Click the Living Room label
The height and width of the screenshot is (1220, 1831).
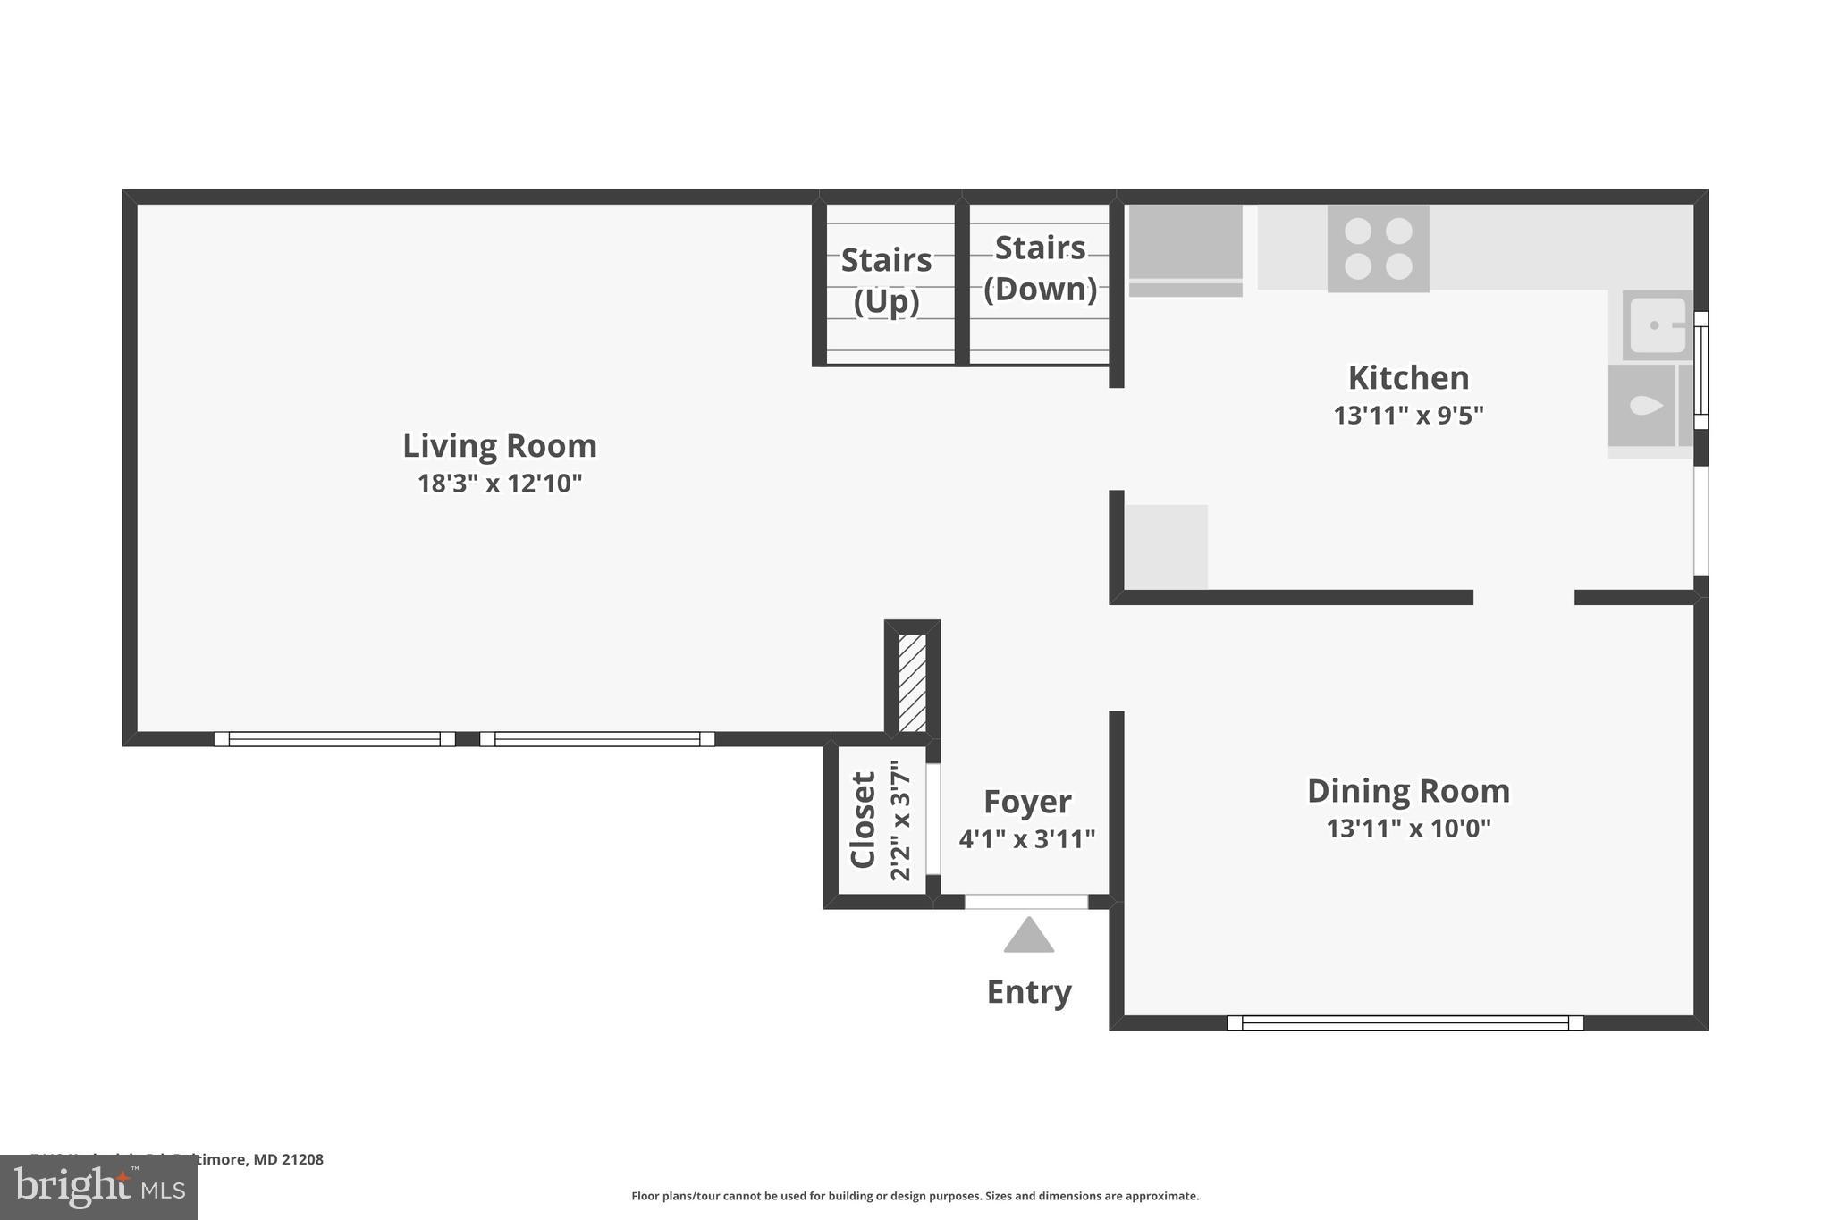click(499, 445)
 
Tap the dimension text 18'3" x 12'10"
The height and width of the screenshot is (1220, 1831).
click(499, 484)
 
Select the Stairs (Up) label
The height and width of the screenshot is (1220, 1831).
click(886, 280)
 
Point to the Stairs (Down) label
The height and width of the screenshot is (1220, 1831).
click(1040, 268)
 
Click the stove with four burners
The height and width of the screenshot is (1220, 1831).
click(1378, 248)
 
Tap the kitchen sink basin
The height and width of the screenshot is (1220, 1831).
click(1657, 325)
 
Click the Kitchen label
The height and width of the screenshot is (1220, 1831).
click(1408, 377)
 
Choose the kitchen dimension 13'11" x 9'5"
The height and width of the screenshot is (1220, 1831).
click(1408, 416)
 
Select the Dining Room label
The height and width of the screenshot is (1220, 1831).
click(1408, 790)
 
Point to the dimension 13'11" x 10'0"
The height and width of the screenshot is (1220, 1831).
click(1408, 829)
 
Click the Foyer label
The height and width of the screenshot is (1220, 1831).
click(1026, 801)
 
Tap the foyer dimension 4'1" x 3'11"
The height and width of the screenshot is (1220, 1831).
click(1026, 839)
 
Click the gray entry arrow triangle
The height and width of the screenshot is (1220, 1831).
click(1028, 937)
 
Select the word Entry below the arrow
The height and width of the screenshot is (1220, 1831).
click(1028, 991)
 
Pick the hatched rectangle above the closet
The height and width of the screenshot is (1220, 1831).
click(912, 683)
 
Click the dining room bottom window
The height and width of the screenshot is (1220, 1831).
click(1405, 1022)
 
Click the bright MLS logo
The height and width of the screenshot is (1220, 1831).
click(98, 1188)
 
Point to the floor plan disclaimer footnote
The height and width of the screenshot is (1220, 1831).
click(915, 1196)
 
